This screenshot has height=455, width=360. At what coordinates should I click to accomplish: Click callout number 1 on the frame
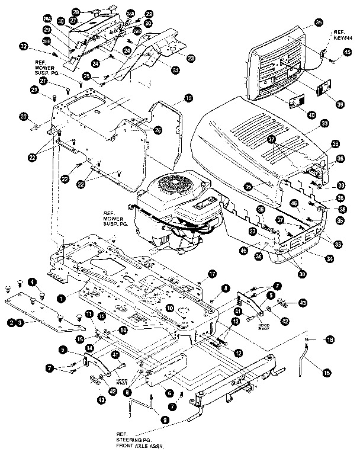pyautogui.click(x=60, y=299)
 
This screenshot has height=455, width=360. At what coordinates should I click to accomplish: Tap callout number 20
pyautogui.click(x=40, y=117)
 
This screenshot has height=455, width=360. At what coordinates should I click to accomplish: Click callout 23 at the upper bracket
pyautogui.click(x=191, y=58)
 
